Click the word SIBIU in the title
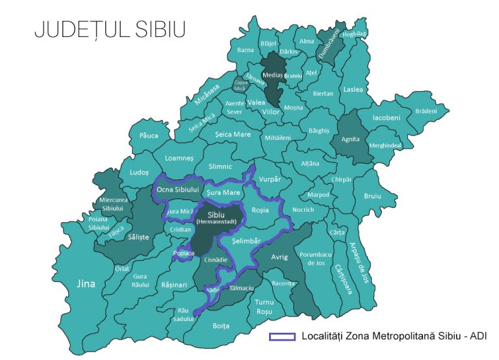click(x=153, y=30)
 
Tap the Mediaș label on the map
click(x=272, y=75)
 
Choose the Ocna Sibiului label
click(x=176, y=189)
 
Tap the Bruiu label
click(x=372, y=195)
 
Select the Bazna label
click(x=246, y=49)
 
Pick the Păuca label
click(x=148, y=135)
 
